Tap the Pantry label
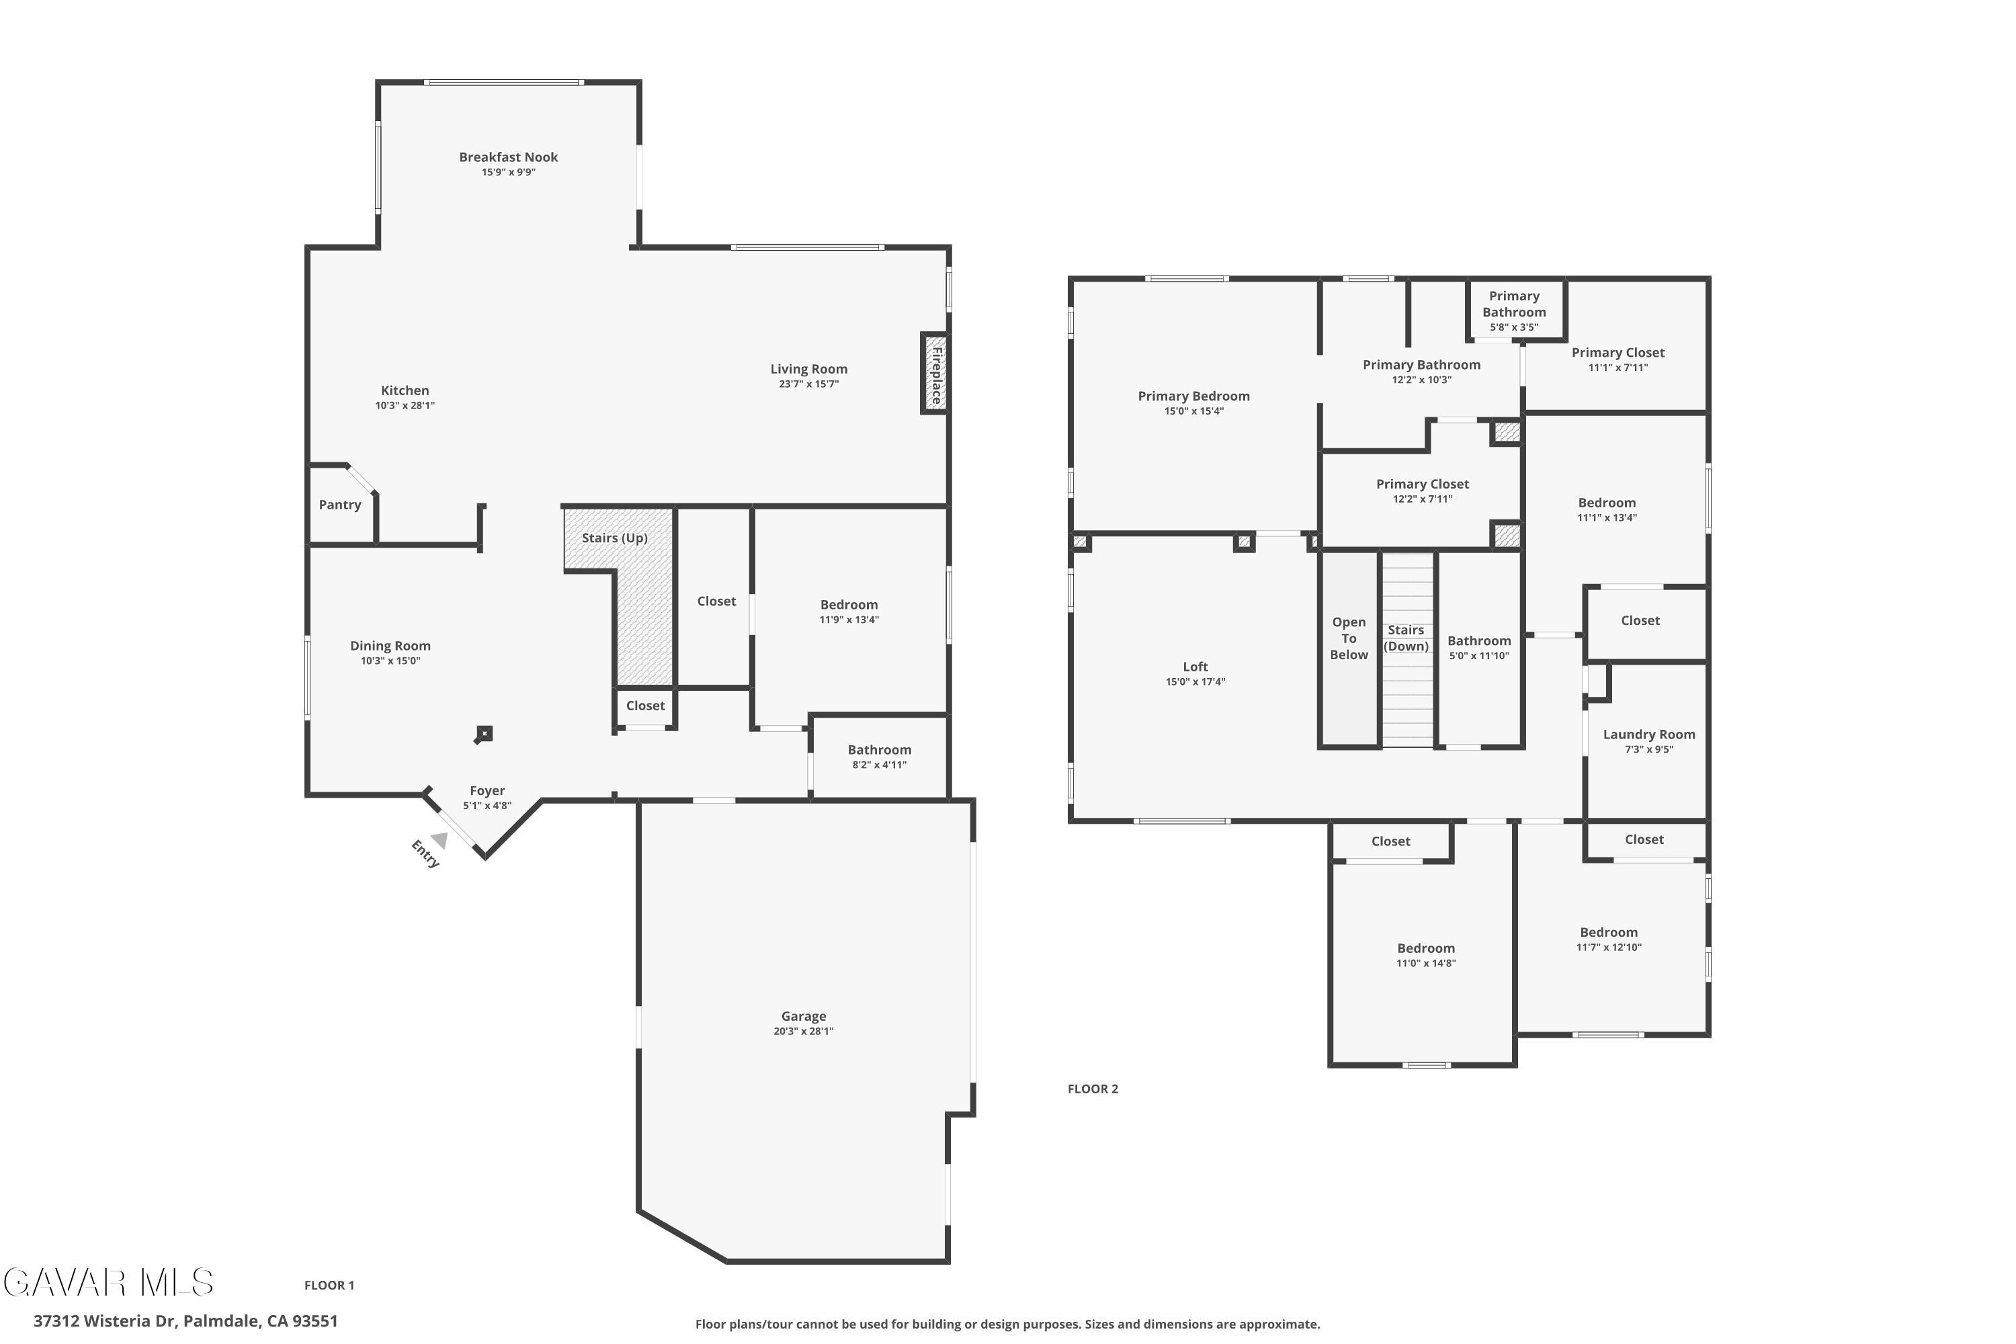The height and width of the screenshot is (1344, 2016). pos(340,505)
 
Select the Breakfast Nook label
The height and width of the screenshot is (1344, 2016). pos(508,157)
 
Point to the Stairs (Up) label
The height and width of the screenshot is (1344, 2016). pos(615,538)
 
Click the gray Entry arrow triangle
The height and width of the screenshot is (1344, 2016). pos(439,840)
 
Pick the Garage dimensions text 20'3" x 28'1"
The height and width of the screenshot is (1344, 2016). pos(803,1031)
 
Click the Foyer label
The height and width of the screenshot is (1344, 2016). pos(487,790)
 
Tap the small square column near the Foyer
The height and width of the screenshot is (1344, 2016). pos(485,734)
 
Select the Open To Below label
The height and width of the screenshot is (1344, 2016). pos(1349,638)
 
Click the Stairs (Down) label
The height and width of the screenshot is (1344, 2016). pos(1406,638)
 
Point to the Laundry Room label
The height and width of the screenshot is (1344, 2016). pos(1649,734)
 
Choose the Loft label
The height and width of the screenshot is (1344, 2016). pos(1195,667)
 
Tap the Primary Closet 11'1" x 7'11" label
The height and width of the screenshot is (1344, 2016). pos(1618,352)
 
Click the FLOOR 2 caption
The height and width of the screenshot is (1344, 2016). pos(1093,1089)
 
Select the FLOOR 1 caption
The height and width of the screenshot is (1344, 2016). pos(329,1285)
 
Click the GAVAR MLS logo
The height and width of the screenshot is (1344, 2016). pos(109,1282)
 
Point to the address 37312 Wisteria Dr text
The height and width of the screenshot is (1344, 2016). pos(106,1321)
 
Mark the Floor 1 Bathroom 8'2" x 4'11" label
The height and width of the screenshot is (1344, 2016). pos(880,750)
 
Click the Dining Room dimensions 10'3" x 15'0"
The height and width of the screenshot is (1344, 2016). pos(390,661)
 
